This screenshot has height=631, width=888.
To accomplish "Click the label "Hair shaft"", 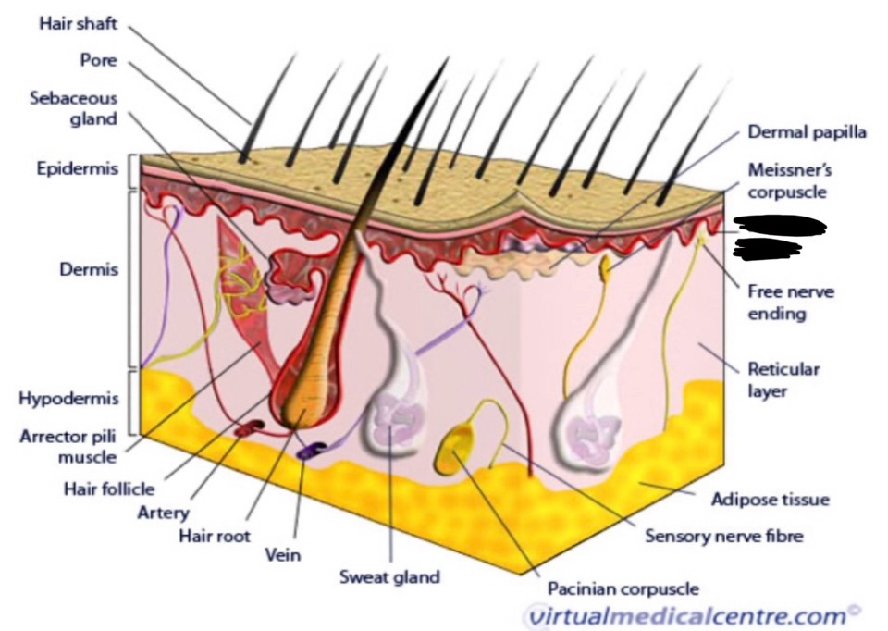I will (78, 24).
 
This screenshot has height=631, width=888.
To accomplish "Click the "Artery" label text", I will (163, 512).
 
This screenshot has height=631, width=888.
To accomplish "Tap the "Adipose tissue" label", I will (770, 500).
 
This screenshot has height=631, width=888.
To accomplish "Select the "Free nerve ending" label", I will (790, 303).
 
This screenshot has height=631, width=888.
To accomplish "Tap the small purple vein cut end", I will (310, 450).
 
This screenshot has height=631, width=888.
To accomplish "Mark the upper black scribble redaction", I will (778, 223).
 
